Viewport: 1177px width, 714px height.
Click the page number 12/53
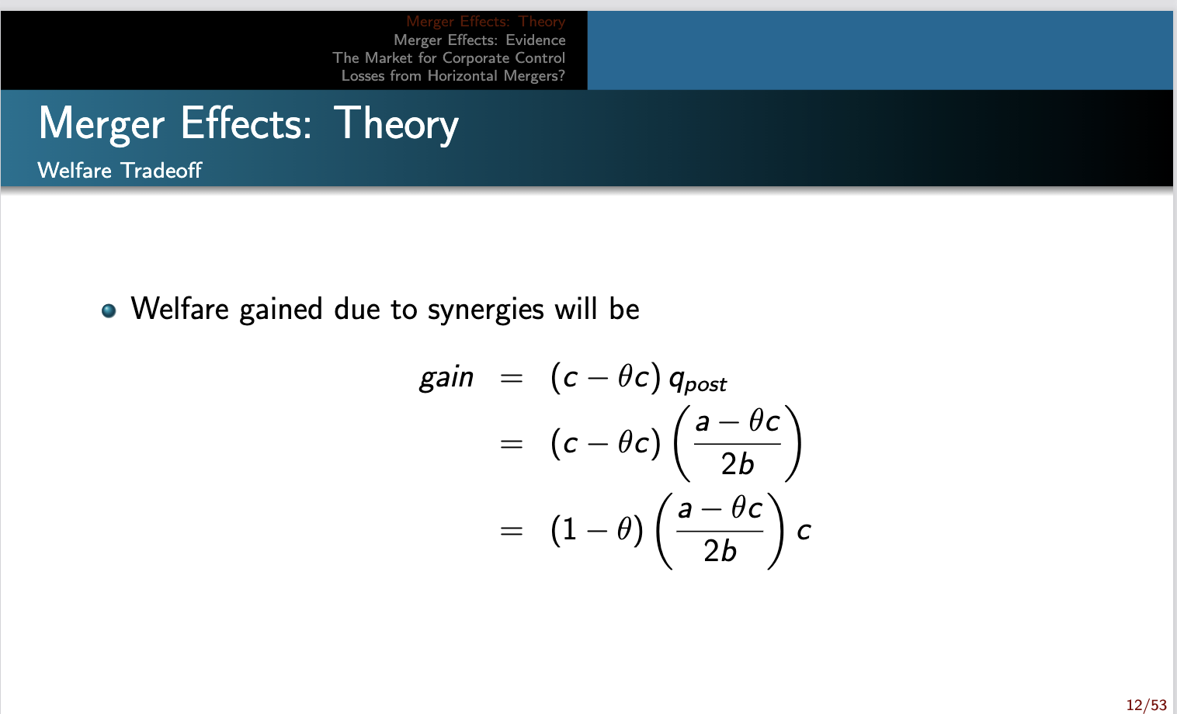point(1146,705)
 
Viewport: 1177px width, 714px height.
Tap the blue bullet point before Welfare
point(109,310)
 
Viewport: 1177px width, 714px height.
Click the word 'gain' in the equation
point(446,378)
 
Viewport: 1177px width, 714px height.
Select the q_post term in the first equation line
point(696,380)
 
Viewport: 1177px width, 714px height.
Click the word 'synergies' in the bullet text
point(486,310)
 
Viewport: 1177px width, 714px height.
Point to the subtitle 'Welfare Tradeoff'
point(120,170)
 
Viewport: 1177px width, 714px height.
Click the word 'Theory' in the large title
point(397,124)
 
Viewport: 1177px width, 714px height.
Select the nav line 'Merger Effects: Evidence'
point(479,40)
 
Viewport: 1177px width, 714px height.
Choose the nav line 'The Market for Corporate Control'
point(449,57)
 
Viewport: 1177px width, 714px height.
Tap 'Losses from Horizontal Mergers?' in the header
point(453,75)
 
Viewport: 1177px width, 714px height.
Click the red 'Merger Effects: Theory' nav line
point(485,22)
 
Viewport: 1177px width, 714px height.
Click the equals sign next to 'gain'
point(511,379)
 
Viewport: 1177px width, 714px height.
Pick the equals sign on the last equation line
point(511,531)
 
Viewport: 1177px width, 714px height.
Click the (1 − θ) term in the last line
point(596,530)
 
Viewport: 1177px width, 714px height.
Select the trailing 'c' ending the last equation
point(804,531)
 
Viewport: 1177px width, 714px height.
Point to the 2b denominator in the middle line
point(737,464)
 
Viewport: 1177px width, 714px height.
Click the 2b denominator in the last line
point(720,551)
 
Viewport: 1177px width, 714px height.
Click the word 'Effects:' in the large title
point(245,124)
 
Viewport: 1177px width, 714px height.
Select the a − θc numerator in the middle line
point(737,421)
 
